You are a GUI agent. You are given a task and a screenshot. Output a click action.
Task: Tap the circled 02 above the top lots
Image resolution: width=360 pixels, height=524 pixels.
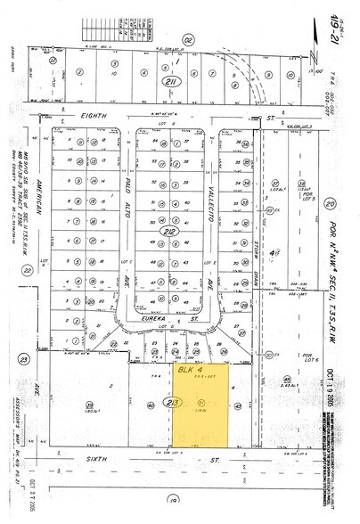(x=188, y=40)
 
